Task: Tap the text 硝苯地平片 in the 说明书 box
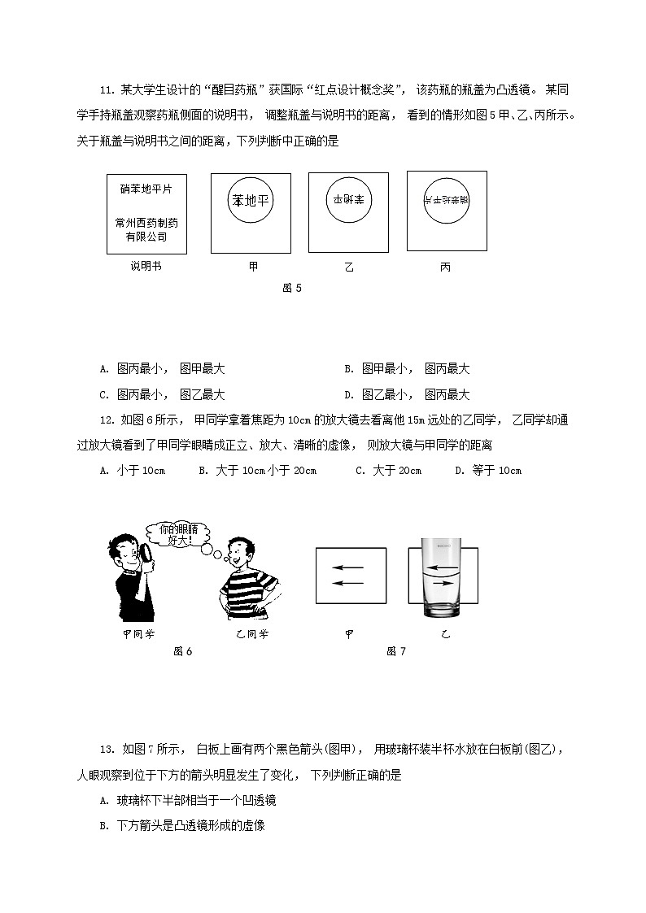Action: (x=146, y=189)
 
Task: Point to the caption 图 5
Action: (x=291, y=287)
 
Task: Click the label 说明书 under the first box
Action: (x=146, y=266)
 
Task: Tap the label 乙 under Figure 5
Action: (x=349, y=267)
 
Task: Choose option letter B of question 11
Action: (x=348, y=369)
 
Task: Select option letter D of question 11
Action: (x=348, y=395)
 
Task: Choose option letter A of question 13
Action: (x=104, y=801)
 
